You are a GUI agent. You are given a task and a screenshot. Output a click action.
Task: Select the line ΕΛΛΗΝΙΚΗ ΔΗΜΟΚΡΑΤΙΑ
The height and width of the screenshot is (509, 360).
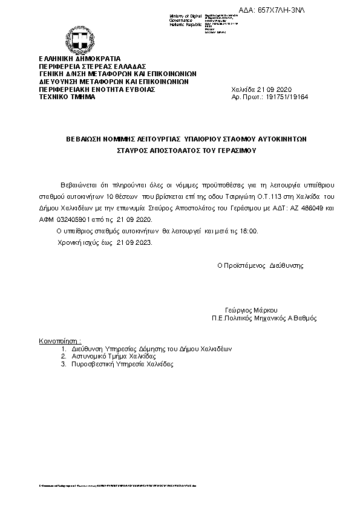point(71,58)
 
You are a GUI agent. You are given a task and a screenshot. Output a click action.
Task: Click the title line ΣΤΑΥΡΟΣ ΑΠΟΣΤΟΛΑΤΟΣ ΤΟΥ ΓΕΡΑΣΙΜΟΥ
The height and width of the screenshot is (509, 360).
point(178,152)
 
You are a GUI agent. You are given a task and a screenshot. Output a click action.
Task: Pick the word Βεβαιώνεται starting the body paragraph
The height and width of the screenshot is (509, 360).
point(78,183)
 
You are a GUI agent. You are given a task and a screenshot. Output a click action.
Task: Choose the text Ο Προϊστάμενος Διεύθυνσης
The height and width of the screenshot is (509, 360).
point(261,265)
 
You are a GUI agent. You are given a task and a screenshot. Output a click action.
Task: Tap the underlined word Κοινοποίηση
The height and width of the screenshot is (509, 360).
point(60,340)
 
